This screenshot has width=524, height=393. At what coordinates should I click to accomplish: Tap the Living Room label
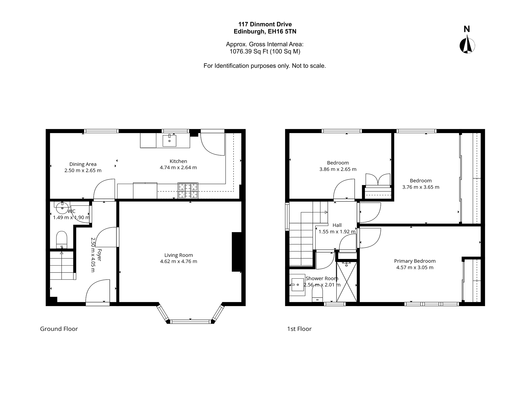pos(179,255)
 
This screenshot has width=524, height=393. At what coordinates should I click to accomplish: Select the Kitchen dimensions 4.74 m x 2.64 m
pos(178,168)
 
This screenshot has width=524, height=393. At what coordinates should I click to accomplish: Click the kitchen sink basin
pos(169,140)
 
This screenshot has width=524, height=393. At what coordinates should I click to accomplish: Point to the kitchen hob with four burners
pos(188,190)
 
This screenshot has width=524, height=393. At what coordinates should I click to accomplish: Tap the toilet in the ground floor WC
pos(61,240)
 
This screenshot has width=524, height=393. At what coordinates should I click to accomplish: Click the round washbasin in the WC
pos(62,208)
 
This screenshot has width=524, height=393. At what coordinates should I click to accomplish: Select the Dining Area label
pos(83,164)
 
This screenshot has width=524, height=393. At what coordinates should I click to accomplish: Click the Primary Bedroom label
pos(415,261)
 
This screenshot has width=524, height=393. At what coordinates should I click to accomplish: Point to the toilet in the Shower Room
pos(317,293)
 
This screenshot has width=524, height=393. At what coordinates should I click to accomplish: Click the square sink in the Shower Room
pos(298,285)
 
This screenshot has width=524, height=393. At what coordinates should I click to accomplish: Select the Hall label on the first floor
pos(337,225)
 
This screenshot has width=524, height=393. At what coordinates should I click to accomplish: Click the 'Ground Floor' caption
pos(59,329)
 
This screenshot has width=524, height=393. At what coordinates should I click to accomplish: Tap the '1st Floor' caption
pos(299,329)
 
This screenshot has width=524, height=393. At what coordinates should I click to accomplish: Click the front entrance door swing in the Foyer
pos(98,291)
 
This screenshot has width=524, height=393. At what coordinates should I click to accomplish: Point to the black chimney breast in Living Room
pos(237,252)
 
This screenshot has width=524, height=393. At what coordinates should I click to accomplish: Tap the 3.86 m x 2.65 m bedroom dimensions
pos(338,169)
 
